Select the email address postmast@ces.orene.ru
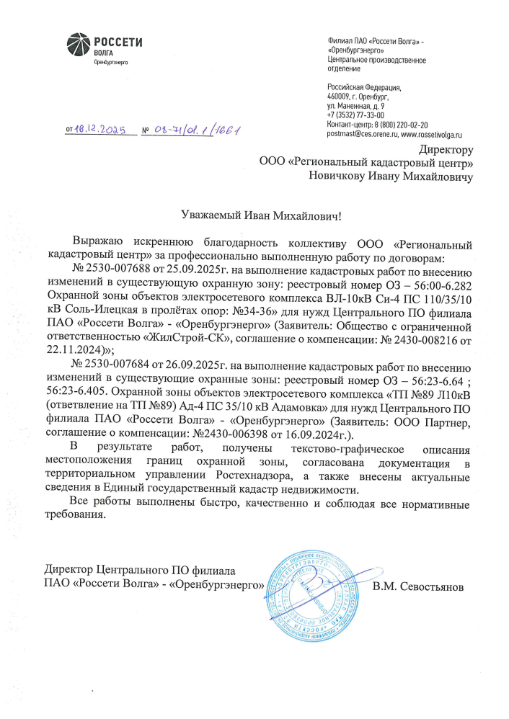(x=354, y=134)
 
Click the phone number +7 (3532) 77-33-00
(x=355, y=115)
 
